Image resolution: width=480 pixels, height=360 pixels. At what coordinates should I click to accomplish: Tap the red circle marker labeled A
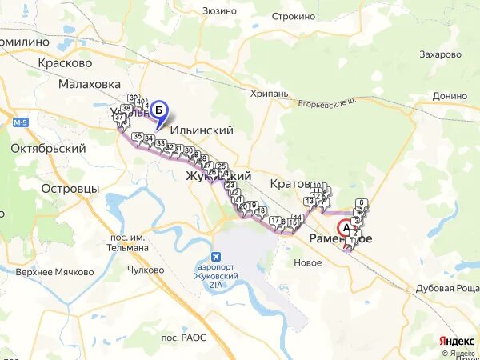346,227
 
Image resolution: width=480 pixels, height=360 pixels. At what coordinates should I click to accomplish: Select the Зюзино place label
219,10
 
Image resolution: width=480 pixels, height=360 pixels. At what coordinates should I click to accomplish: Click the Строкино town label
293,16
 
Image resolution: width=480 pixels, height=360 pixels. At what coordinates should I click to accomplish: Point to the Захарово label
440,54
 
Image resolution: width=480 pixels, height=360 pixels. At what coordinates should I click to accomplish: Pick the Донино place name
450,95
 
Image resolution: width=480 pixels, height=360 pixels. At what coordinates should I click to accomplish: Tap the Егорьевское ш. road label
326,102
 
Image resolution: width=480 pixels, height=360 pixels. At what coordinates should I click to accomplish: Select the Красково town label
65,62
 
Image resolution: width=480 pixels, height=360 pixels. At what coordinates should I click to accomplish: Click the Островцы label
70,189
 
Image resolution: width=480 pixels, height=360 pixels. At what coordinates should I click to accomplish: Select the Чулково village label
146,270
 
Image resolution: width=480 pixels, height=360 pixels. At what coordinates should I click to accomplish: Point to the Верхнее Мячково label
54,272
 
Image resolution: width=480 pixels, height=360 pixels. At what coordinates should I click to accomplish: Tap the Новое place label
307,262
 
